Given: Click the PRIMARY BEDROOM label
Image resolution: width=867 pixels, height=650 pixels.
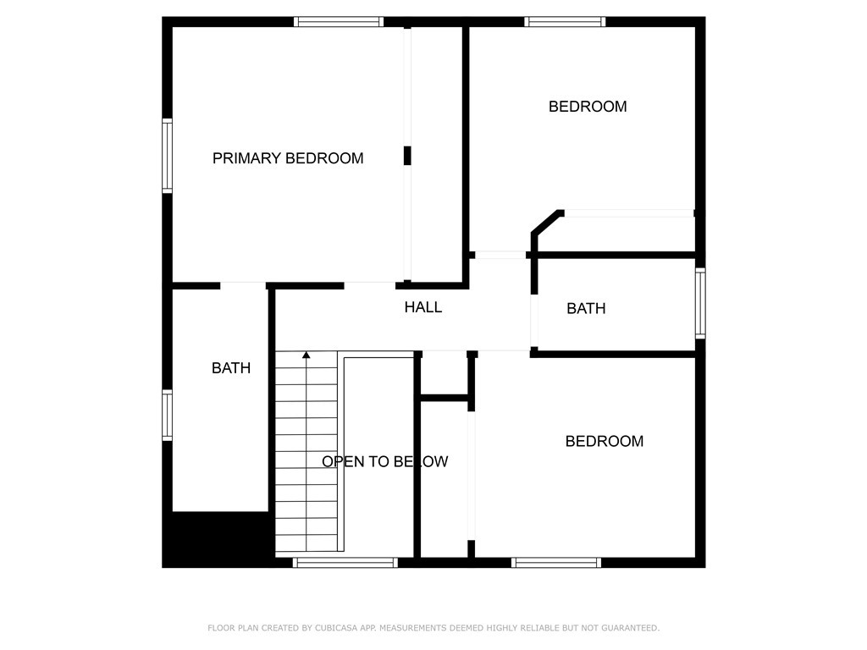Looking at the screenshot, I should point(288,158).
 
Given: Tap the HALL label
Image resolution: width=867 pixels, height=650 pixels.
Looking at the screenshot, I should point(422,307).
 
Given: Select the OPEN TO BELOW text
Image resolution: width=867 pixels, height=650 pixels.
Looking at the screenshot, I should point(384,461).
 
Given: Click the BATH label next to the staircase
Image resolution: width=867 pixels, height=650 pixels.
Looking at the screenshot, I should point(231,368).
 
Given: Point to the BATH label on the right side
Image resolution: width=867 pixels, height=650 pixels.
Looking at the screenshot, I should point(586,309).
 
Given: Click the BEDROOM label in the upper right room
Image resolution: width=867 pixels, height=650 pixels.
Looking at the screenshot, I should point(588,107).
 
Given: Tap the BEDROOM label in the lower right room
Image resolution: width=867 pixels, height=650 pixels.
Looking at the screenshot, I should point(605,441).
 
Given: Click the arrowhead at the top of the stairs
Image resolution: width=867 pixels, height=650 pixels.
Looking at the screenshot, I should point(306,355).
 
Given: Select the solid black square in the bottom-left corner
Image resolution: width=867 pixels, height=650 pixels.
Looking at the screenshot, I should point(218,539).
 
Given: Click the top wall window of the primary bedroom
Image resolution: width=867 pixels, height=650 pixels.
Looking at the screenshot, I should point(339,22).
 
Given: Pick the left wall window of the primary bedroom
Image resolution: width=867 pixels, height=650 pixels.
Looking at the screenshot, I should point(168,157).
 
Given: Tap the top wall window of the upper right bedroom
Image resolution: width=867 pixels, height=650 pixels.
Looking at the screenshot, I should point(565,22).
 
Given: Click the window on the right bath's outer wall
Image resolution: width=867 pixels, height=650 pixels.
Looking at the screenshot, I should point(700,303).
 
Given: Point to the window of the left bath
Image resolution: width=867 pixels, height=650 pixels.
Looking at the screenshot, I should point(168,415).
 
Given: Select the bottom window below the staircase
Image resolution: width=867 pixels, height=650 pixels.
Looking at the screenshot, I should point(345,562).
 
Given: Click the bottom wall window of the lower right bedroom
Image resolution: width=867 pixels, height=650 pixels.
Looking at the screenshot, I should point(556,562).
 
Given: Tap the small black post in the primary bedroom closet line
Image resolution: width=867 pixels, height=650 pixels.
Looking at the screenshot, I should point(407,156).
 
